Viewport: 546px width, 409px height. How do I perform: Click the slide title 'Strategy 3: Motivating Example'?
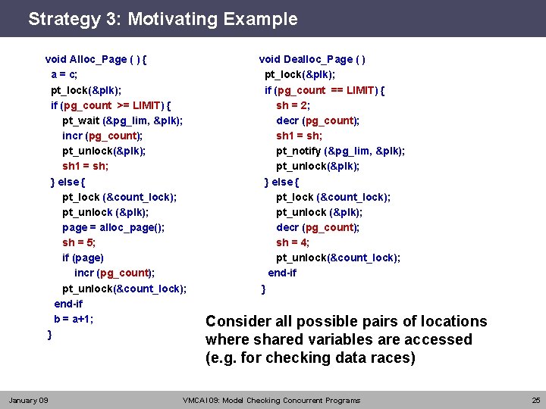click(x=162, y=19)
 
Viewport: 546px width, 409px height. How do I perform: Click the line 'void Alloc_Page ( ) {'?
click(x=96, y=59)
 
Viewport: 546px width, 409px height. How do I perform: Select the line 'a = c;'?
click(x=64, y=74)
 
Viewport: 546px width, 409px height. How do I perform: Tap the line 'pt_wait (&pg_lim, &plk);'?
click(x=122, y=120)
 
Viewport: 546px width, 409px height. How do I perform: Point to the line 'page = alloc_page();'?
click(x=113, y=227)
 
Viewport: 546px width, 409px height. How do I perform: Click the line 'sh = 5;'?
click(x=79, y=242)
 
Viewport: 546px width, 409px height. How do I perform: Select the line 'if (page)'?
click(x=83, y=258)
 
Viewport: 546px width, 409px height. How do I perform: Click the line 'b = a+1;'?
click(x=74, y=319)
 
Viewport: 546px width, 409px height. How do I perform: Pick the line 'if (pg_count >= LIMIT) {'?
click(x=111, y=105)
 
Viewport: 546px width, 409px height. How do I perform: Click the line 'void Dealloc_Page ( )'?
click(x=312, y=59)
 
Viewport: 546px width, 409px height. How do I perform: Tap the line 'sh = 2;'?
click(x=293, y=105)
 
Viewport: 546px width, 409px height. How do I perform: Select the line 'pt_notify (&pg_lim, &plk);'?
click(x=340, y=151)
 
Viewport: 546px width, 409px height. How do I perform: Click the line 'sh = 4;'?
click(x=293, y=242)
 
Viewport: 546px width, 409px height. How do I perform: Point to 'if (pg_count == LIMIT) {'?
click(x=325, y=90)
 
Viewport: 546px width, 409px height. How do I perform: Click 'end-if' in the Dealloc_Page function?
click(x=282, y=273)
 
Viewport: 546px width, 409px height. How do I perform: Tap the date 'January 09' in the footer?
click(x=28, y=400)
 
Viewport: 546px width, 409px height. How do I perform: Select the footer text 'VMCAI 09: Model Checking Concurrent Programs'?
click(x=271, y=400)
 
